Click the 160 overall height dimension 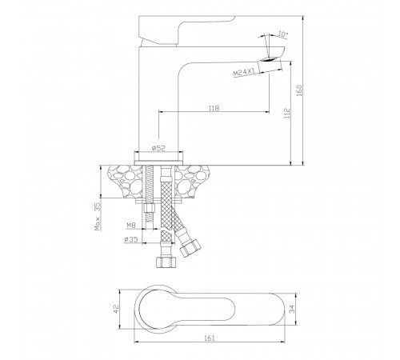(x=299, y=90)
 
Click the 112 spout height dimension (x=287, y=113)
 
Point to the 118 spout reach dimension (x=214, y=108)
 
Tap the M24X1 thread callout (x=244, y=72)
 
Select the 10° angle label (x=283, y=34)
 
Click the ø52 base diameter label (x=158, y=148)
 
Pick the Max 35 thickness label (x=98, y=216)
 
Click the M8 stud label (x=131, y=226)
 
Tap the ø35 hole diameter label (x=131, y=239)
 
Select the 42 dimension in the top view (x=116, y=309)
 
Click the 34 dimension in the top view (x=292, y=310)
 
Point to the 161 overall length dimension (x=210, y=338)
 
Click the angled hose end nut (x=190, y=248)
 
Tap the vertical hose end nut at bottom (x=166, y=262)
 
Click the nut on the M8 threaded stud (x=150, y=208)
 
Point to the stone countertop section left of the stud (x=126, y=182)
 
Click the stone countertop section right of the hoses (x=193, y=182)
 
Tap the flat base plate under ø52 (x=159, y=163)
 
